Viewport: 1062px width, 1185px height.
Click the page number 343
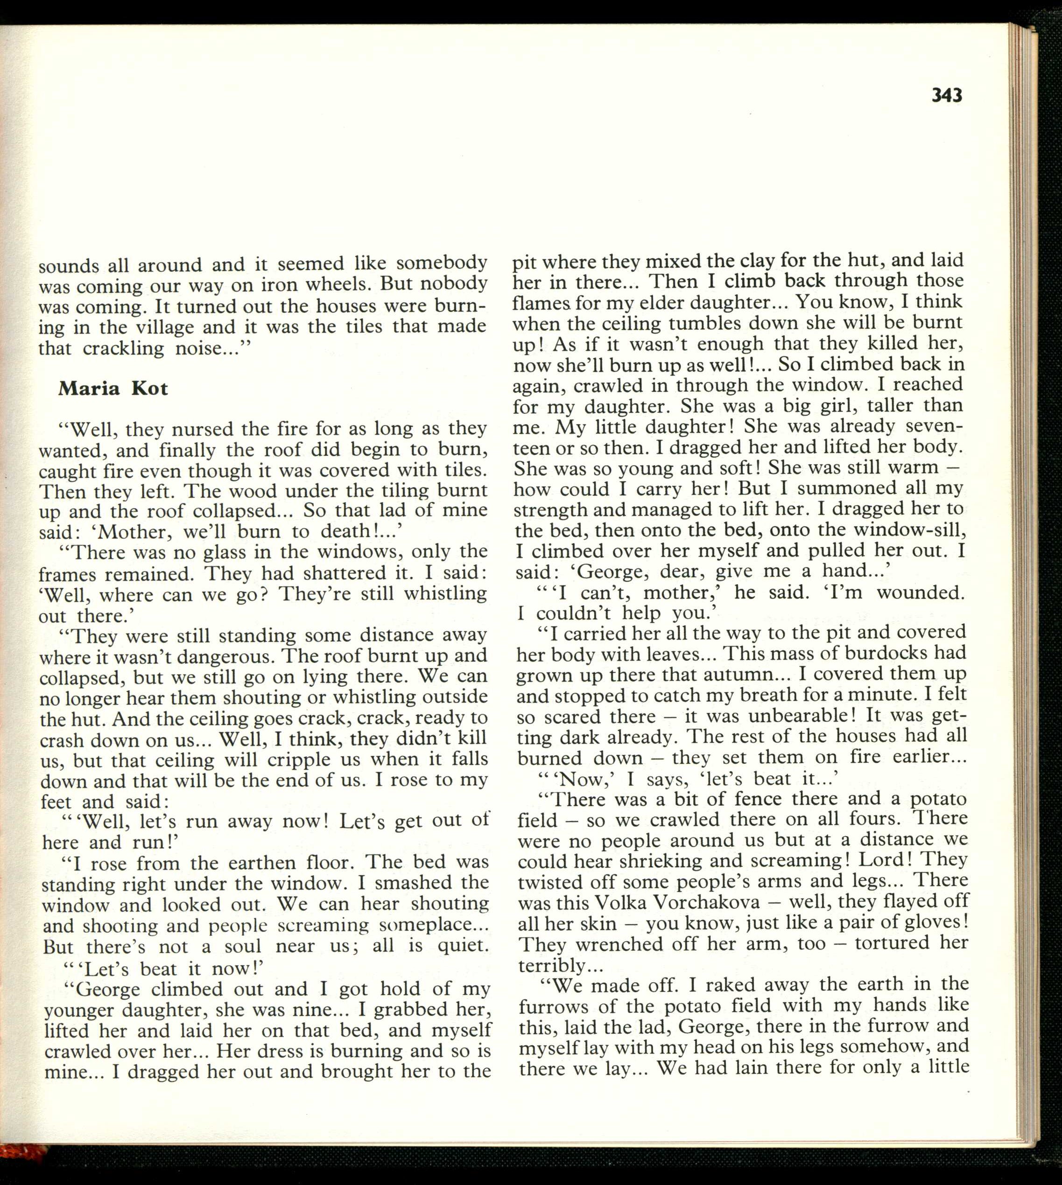click(947, 95)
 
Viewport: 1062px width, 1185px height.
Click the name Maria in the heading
click(88, 388)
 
